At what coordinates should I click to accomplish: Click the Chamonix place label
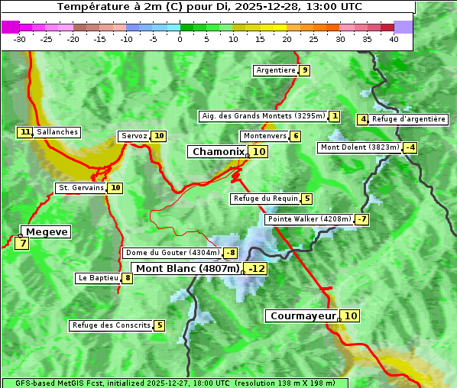coord(218,152)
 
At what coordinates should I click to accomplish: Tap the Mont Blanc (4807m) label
coord(187,268)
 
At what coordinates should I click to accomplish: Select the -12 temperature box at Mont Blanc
coord(256,269)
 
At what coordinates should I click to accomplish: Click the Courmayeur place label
coord(303,315)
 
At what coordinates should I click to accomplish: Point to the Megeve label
coord(47,231)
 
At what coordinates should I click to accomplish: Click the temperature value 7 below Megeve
coord(22,244)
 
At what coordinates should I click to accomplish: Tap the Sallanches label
coord(57,132)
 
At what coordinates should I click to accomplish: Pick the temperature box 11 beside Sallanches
coord(25,132)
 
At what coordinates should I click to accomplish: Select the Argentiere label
coord(276,70)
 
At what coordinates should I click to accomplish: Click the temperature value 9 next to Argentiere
coord(305,70)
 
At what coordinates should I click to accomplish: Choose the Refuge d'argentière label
coord(409,119)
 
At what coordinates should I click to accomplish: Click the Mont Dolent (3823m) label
coord(359,147)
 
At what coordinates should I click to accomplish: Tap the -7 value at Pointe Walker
coord(361,219)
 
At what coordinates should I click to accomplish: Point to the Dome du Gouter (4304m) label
coord(172,253)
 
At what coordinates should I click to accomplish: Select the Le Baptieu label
coord(98,278)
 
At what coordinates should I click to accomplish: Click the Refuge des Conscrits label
coord(111,325)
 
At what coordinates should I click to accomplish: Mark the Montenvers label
coord(264,136)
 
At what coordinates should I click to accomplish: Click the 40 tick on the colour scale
coord(394,39)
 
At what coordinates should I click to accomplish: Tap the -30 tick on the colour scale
coord(20,39)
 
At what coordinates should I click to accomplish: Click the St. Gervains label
coord(80,188)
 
